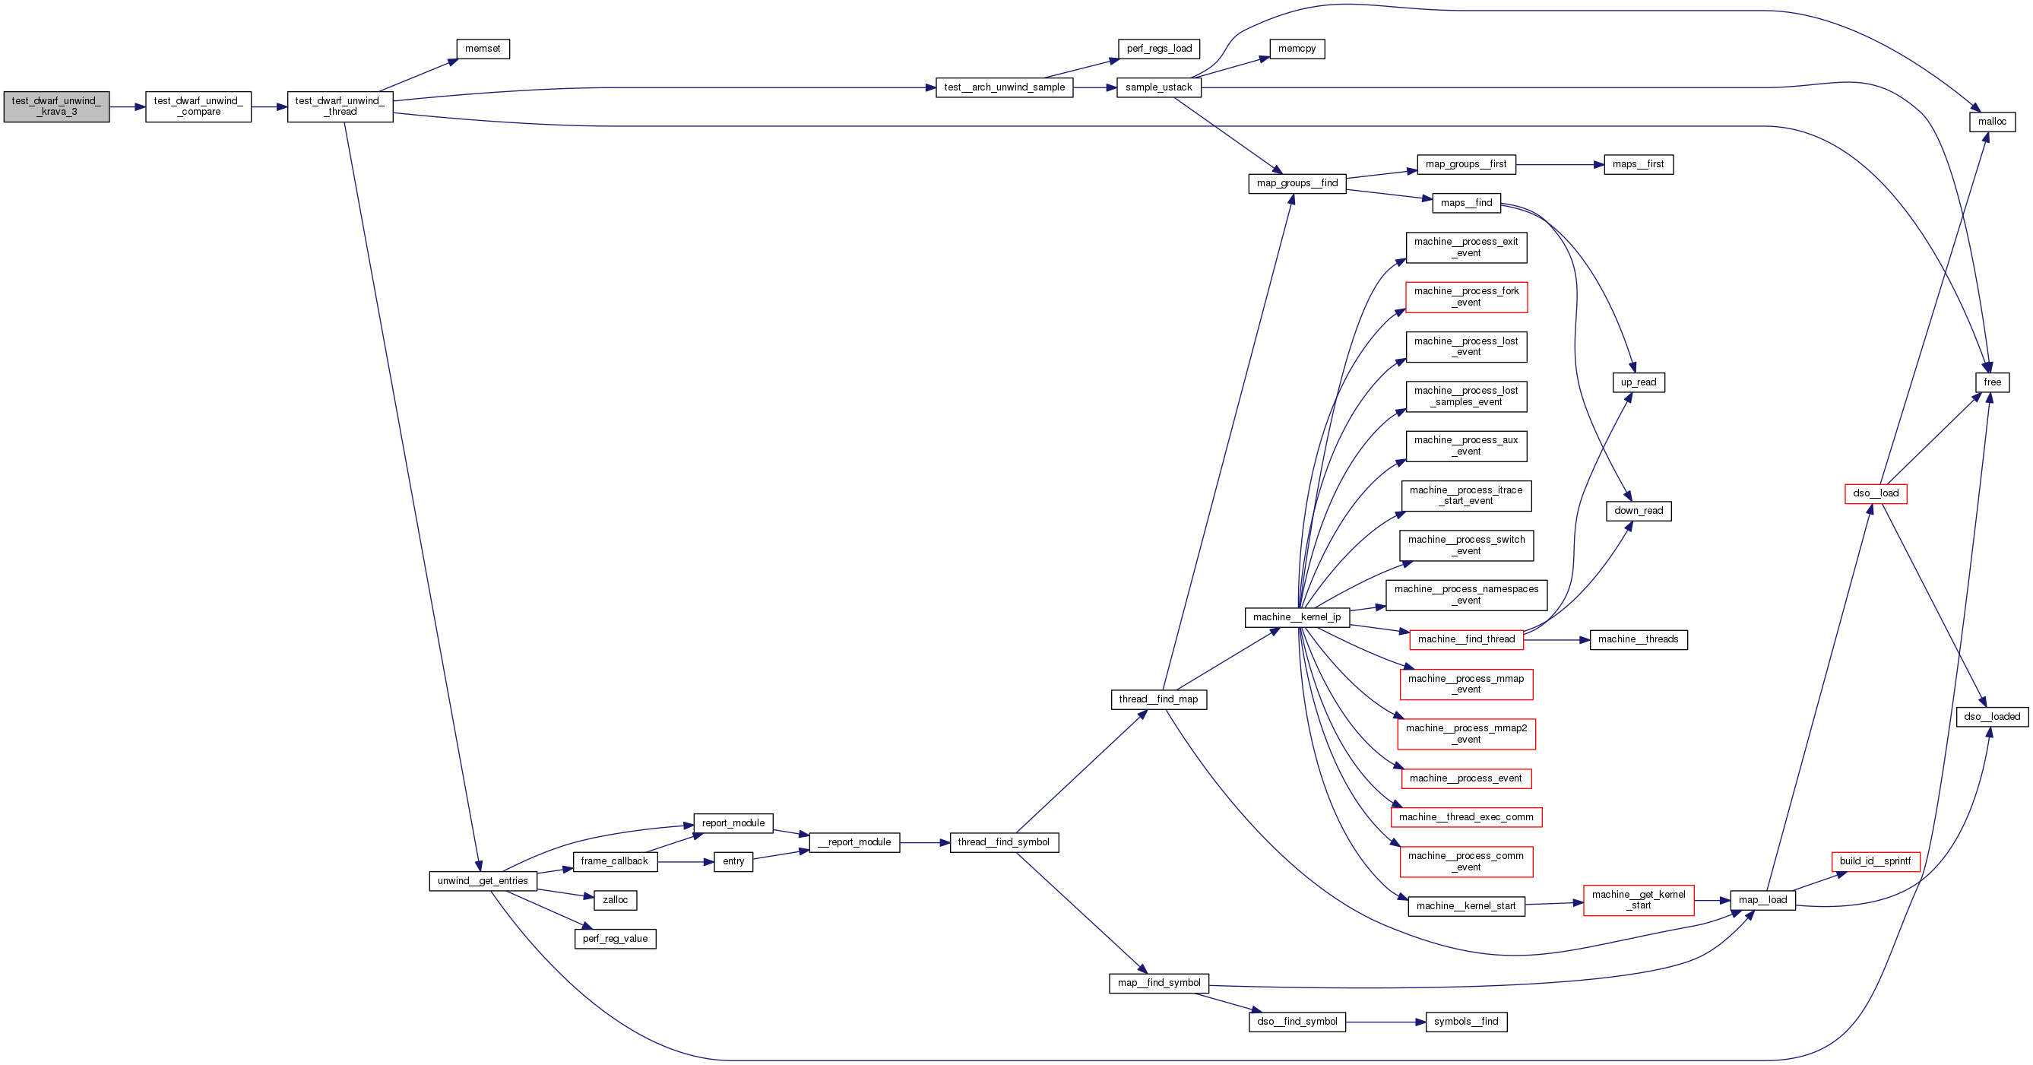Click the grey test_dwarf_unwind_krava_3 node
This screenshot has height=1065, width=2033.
(56, 106)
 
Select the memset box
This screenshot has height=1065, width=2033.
(482, 49)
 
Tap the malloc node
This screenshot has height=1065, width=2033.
(1991, 122)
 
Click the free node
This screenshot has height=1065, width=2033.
(1992, 382)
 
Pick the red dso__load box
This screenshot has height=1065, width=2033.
(1875, 493)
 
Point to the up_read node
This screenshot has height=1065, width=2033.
(1638, 382)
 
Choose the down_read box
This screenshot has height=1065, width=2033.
(1638, 511)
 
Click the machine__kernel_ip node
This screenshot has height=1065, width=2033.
(1297, 617)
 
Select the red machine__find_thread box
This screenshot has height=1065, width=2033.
(1465, 639)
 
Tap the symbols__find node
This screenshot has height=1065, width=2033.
(1465, 1022)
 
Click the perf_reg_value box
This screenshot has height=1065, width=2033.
(615, 939)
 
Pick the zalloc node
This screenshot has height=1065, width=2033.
(615, 900)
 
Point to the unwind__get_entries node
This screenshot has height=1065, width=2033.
(482, 881)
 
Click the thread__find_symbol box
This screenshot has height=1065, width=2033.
(1003, 842)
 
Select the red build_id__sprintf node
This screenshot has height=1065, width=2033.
(1874, 861)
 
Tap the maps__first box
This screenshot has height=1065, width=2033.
(1638, 164)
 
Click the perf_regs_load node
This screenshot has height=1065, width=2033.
(1158, 49)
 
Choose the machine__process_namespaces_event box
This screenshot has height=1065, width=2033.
(1465, 595)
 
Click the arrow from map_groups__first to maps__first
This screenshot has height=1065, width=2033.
(1560, 165)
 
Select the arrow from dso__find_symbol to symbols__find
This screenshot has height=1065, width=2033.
(1385, 1022)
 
